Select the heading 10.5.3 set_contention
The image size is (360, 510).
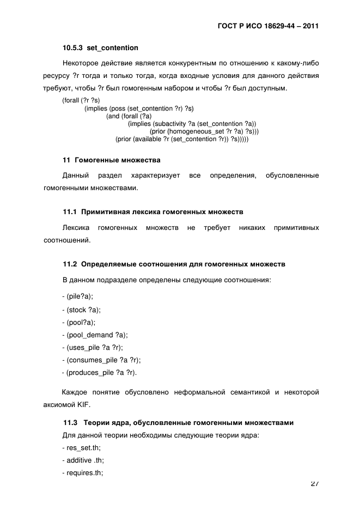tap(100, 47)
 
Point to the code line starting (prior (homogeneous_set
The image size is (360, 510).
tap(204, 131)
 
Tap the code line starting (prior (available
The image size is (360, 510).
tap(182, 139)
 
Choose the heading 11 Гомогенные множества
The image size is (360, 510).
tap(111, 160)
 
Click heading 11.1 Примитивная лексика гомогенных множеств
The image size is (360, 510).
tap(153, 210)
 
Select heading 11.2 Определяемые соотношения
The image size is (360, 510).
tap(174, 264)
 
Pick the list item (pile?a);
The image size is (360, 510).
tap(80, 296)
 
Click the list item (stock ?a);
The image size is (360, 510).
tap(83, 309)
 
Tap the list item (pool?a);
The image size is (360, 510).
tap(80, 322)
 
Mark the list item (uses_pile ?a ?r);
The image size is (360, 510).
tap(94, 348)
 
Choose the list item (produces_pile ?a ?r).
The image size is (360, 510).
tap(101, 373)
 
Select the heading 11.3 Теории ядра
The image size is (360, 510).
tap(179, 422)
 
